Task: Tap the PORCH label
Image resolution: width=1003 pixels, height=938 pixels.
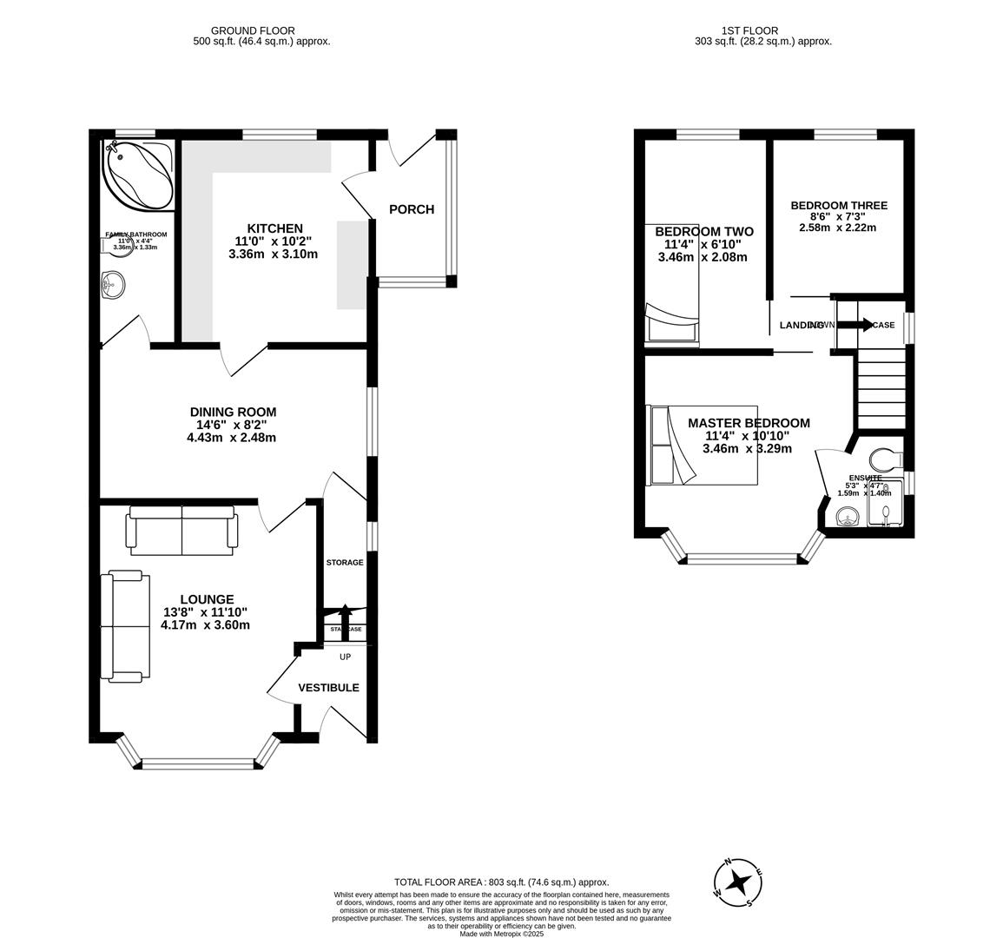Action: point(411,209)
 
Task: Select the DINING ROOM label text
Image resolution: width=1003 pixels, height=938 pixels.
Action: point(233,412)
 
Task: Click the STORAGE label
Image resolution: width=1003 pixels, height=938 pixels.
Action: point(345,563)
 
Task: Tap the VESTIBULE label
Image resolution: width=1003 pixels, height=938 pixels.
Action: point(328,688)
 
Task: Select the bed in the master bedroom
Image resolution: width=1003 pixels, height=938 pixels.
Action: point(702,445)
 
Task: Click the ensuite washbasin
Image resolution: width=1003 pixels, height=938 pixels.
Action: point(846,519)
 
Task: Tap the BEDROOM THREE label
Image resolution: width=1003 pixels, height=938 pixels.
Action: point(838,206)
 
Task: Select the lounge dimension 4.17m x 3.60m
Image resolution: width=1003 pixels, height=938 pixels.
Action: point(206,624)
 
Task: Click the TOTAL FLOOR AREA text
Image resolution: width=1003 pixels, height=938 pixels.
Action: point(501,882)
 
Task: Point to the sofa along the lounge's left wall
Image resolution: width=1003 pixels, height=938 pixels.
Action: point(122,625)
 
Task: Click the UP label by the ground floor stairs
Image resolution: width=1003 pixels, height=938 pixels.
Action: point(345,657)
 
